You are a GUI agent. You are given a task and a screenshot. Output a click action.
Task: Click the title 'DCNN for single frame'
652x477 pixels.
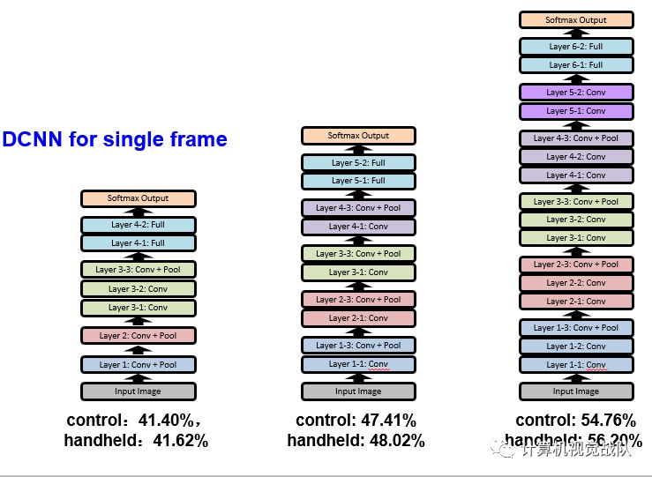(x=115, y=139)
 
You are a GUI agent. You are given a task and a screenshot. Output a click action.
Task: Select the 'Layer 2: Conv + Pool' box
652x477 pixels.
(x=138, y=335)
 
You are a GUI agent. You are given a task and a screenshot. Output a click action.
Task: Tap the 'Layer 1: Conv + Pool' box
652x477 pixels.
(x=138, y=364)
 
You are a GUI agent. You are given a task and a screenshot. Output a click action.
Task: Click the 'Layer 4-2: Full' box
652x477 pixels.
(x=138, y=225)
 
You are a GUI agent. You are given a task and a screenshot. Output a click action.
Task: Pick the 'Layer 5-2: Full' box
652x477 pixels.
(x=358, y=162)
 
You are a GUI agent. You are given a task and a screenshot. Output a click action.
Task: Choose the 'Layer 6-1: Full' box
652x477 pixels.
(x=575, y=64)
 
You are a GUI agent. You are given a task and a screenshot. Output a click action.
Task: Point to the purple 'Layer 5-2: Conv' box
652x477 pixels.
(x=575, y=92)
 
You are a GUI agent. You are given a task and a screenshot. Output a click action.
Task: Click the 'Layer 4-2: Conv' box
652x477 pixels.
(x=575, y=156)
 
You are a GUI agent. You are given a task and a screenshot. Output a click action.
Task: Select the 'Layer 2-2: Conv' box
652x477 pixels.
(x=575, y=282)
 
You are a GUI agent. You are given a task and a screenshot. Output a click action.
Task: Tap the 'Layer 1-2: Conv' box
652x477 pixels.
(x=575, y=346)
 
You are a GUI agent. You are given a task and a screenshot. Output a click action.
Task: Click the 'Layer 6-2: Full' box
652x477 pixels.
(x=575, y=46)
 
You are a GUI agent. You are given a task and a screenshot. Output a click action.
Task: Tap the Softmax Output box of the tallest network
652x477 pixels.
(x=575, y=19)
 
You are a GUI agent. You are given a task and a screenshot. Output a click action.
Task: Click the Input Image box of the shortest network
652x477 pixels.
(x=138, y=391)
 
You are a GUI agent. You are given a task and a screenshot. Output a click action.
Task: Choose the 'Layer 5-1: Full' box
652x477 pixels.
(x=358, y=181)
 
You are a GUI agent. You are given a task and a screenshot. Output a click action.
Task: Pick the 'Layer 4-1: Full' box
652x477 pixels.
(x=138, y=242)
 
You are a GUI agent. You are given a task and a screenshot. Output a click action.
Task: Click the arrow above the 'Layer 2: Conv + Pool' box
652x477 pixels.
(x=138, y=322)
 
